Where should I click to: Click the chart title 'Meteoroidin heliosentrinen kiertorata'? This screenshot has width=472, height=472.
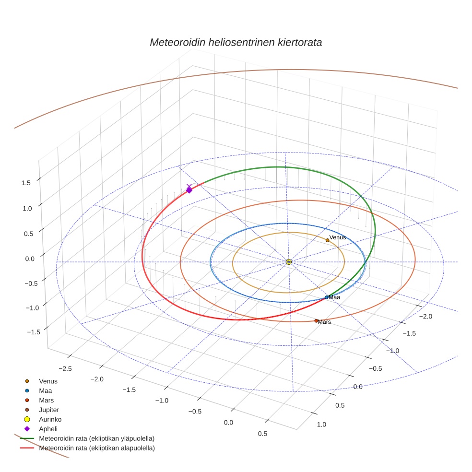tap(236, 42)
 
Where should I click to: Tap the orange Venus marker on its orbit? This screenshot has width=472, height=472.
tap(328, 240)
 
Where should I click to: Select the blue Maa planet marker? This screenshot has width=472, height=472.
tap(327, 297)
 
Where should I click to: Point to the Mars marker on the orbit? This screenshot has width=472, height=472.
tap(316, 320)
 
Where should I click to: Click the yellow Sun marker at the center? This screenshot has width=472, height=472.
tap(288, 261)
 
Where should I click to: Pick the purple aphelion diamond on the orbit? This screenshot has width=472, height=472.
tap(189, 190)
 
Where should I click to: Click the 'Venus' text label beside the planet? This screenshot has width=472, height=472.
tap(338, 237)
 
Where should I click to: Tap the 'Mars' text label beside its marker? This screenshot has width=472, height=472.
tap(324, 322)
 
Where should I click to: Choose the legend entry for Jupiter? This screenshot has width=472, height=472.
tap(48, 410)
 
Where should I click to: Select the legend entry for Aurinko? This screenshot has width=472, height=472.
tap(50, 419)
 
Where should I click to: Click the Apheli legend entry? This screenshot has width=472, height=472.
tap(48, 429)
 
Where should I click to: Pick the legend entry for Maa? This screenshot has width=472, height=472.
tap(45, 390)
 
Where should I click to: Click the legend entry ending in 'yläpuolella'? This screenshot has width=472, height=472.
tap(96, 438)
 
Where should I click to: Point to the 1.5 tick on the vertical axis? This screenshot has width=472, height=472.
tap(26, 183)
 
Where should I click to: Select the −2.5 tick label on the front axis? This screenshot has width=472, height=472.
tap(65, 368)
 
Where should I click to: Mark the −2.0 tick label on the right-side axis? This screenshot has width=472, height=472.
tap(425, 316)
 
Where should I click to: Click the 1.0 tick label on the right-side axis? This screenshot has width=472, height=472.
tap(321, 424)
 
